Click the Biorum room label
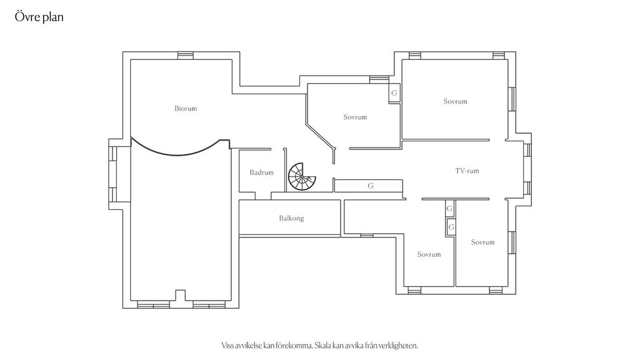[186, 109]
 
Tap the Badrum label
[262, 172]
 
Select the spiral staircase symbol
[302, 177]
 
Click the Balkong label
[291, 218]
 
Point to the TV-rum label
[467, 171]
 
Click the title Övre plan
[39, 17]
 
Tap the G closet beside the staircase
[370, 186]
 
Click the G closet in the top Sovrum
[394, 93]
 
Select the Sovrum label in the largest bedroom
[455, 101]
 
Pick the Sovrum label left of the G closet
[355, 117]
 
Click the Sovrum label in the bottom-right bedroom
[483, 242]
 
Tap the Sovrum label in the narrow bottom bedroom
[429, 254]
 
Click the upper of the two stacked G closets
[449, 209]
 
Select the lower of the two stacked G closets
[451, 227]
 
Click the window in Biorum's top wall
[185, 56]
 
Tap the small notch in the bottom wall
[181, 296]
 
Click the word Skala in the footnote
[322, 346]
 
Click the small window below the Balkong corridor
[366, 235]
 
